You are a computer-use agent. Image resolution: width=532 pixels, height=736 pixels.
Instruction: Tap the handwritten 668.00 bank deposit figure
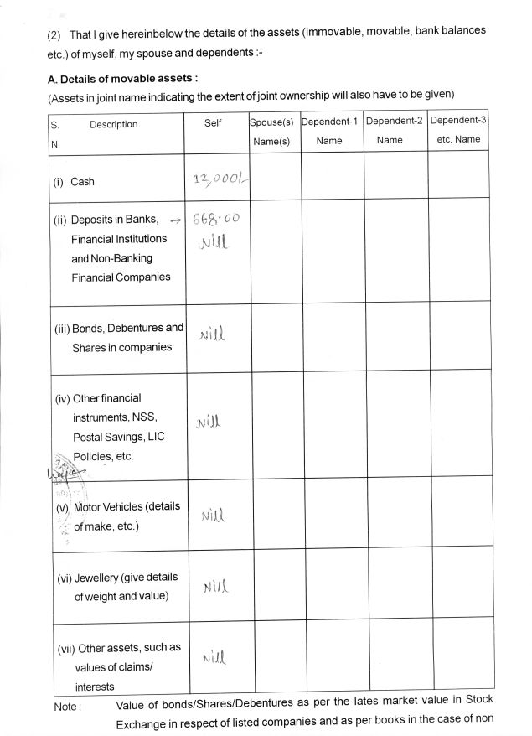215,220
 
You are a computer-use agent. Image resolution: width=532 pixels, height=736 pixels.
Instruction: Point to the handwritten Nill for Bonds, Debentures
213,336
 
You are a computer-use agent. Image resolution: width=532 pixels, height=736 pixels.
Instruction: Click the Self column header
213,123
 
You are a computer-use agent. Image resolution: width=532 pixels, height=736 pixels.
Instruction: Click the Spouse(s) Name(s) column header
271,132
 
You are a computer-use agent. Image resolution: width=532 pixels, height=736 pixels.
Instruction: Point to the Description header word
113,125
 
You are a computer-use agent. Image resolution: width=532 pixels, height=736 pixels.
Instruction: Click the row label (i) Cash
75,181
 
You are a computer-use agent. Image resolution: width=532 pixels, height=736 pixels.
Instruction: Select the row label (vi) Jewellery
117,578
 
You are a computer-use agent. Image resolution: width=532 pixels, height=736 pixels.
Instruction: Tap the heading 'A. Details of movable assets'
122,79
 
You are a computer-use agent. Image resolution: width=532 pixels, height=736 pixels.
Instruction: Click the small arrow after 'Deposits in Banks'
175,220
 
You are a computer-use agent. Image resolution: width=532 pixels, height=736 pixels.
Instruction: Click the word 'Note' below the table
67,707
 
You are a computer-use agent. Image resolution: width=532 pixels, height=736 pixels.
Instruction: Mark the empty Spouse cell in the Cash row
275,176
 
